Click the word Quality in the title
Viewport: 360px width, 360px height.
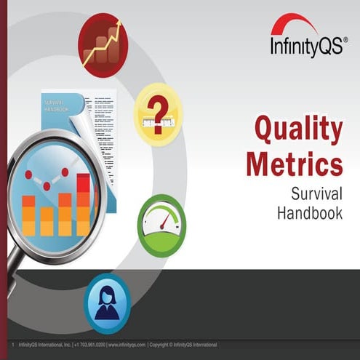click(x=298, y=131)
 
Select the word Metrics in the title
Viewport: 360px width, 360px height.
click(x=294, y=164)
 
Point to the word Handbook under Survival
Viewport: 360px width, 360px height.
click(x=309, y=212)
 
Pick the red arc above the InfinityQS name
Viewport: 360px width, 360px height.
click(x=294, y=25)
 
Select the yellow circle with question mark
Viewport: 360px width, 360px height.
click(x=158, y=113)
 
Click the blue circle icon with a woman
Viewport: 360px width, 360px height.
click(x=106, y=302)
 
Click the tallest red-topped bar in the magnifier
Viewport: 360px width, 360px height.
click(x=84, y=204)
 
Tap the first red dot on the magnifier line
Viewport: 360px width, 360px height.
click(x=28, y=175)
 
